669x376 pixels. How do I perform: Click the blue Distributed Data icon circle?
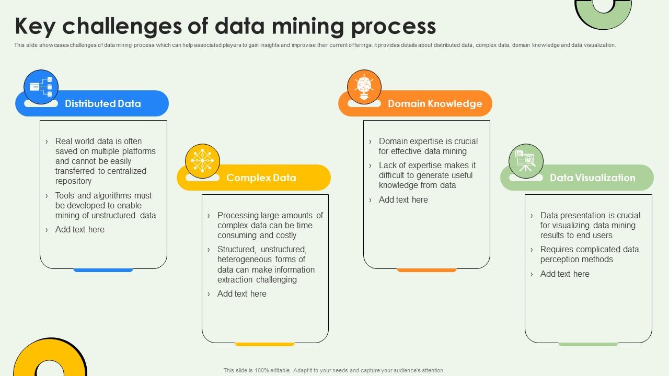click(41, 87)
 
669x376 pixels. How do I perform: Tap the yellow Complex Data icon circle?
click(202, 161)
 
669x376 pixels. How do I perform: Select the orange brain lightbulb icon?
click(364, 87)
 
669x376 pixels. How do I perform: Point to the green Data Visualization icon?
click(526, 161)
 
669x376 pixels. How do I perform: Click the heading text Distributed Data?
click(102, 103)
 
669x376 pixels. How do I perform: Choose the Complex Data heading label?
click(261, 178)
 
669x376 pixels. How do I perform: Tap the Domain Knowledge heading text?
click(434, 103)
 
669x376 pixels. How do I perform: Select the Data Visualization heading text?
click(592, 178)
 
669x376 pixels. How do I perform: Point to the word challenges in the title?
click(123, 26)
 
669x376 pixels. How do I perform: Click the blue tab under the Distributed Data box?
click(103, 270)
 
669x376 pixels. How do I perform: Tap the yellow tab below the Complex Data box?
click(264, 344)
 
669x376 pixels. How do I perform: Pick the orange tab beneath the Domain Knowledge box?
click(426, 270)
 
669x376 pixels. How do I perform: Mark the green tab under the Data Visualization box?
click(588, 344)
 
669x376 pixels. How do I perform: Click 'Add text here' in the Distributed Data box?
click(79, 229)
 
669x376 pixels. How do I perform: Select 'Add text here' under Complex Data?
click(241, 293)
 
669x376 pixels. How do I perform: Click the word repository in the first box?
click(73, 181)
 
